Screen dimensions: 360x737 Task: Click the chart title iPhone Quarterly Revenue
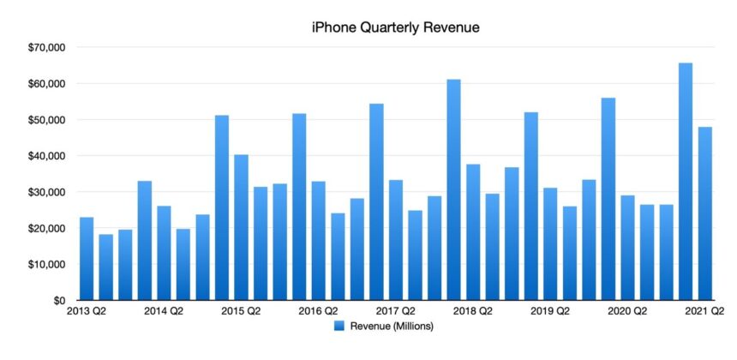click(x=395, y=27)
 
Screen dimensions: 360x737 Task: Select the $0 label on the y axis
click(x=53, y=301)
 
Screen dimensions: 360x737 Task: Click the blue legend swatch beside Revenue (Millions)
click(x=339, y=326)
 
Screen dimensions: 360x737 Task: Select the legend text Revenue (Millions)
click(x=391, y=326)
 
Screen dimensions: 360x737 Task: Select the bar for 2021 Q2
click(x=704, y=214)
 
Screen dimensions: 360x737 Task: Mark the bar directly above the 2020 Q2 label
click(x=627, y=249)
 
